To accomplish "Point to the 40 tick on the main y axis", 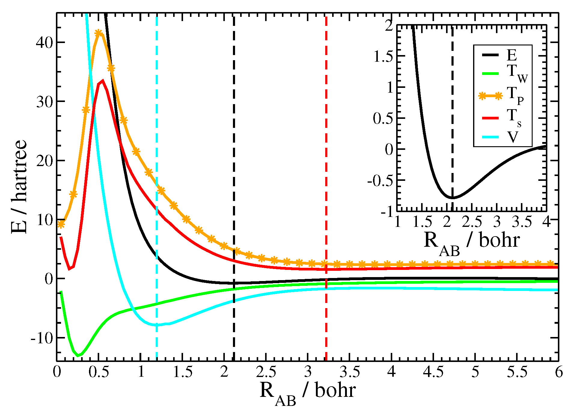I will pos(44,42).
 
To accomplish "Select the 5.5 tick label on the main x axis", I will pos(517,372).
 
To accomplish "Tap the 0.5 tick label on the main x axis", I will pos(99,372).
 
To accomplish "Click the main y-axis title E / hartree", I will pos(19,187).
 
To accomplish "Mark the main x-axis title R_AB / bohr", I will pos(307,393).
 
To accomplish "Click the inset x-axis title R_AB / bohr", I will pos(472,242).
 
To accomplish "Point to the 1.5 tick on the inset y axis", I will pos(383,56).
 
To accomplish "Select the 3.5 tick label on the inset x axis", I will pos(522,222).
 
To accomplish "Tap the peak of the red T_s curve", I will pos(102,81).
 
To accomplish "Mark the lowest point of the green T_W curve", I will pos(78,356).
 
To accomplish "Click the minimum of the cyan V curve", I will pos(156,325).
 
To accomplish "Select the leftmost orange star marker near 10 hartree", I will pos(61,224).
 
